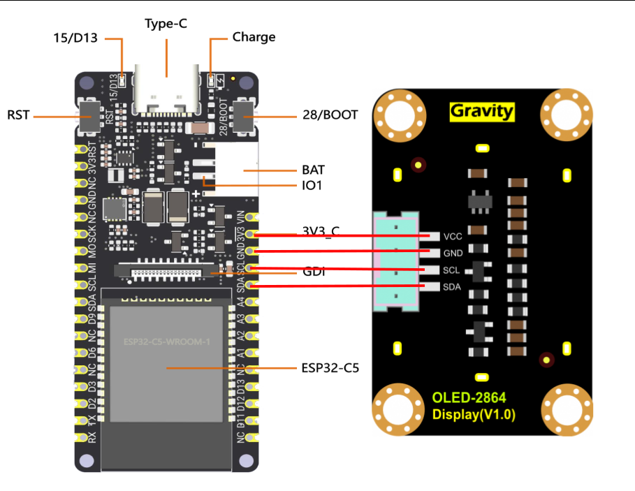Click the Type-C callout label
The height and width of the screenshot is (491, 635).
point(166,24)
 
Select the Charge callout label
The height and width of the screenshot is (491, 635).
point(254,37)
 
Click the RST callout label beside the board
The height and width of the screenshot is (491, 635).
point(18,115)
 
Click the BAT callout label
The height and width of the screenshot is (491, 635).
point(314,170)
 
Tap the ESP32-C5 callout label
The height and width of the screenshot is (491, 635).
point(330,367)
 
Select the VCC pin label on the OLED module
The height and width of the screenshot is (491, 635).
point(453,237)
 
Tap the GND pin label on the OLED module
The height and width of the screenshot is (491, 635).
point(453,254)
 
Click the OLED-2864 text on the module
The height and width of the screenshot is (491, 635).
point(469,397)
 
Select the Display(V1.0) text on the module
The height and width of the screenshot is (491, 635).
point(474,414)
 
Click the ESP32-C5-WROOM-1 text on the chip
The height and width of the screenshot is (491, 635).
point(167,342)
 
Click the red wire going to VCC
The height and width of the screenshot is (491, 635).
point(335,235)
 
